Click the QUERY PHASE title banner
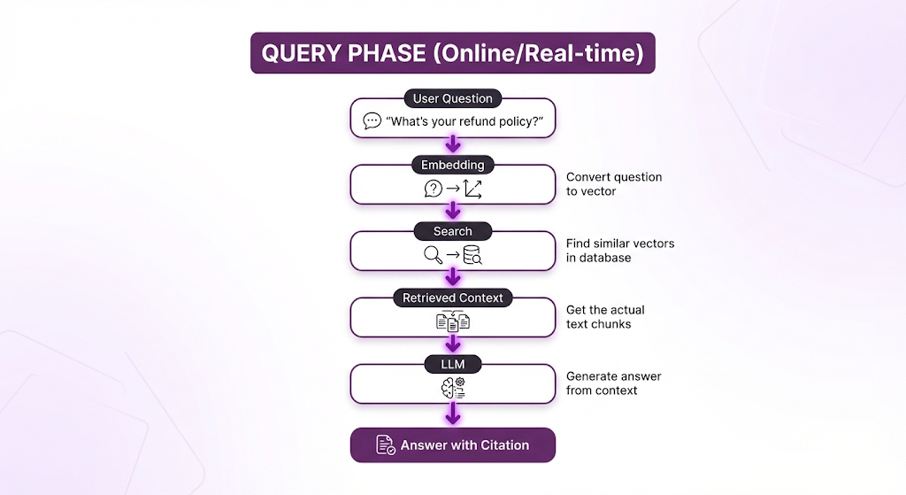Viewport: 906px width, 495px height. [x=452, y=53]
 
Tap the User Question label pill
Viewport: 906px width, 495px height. [x=452, y=98]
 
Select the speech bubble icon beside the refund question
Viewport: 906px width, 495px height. [x=372, y=121]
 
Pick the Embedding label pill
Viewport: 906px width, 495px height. [x=452, y=165]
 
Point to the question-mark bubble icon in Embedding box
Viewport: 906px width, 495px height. [x=433, y=188]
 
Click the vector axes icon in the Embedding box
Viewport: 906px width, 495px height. [x=472, y=188]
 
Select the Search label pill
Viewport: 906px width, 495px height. [x=452, y=231]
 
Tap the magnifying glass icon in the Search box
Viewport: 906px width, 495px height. [x=433, y=255]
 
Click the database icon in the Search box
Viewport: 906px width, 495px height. [x=472, y=255]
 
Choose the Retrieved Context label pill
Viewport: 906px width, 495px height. [x=452, y=298]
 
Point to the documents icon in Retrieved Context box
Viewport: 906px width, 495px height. [x=453, y=321]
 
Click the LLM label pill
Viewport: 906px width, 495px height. [x=452, y=365]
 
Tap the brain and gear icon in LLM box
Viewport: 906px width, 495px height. [x=453, y=388]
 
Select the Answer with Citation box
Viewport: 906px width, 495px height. [x=452, y=445]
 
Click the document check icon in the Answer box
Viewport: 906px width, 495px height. [x=386, y=445]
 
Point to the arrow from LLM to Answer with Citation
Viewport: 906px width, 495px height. [x=453, y=413]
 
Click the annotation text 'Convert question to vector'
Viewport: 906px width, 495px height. [x=614, y=183]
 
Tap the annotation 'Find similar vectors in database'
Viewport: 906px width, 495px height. [x=619, y=251]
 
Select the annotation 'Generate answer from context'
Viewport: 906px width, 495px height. [x=614, y=383]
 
